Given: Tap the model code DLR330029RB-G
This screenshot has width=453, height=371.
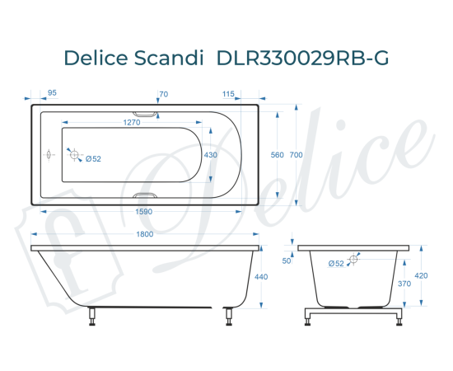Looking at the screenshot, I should [x=301, y=58].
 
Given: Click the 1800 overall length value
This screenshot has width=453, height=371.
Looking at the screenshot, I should [x=144, y=234].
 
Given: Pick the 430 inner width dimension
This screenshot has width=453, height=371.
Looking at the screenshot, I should [x=211, y=154].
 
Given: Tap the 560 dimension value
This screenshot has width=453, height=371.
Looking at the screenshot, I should [x=277, y=155].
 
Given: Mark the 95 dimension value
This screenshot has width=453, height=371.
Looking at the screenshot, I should [x=52, y=94].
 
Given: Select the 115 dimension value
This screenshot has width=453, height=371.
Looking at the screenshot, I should [x=229, y=94].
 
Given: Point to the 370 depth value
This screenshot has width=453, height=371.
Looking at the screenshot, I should [x=404, y=283].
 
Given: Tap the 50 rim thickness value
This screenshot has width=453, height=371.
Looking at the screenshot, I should [x=287, y=261].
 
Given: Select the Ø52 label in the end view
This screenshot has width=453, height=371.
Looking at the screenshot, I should [x=335, y=264].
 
